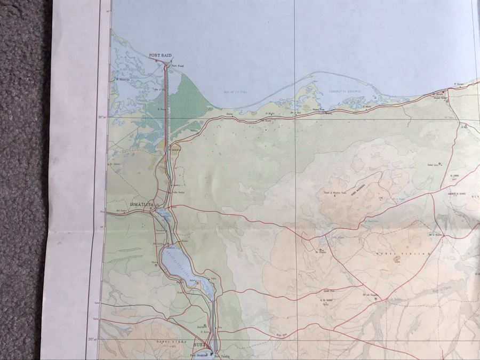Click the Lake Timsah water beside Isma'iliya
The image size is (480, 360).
coord(163,216)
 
